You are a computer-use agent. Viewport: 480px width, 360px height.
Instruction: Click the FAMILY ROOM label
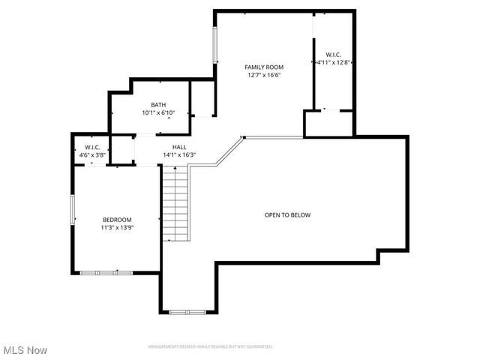tap(265, 67)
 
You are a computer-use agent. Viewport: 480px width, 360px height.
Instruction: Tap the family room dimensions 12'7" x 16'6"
tap(265, 75)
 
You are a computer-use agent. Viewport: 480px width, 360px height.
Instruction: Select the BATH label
tap(158, 105)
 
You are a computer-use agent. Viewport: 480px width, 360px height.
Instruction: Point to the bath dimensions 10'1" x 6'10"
tap(158, 113)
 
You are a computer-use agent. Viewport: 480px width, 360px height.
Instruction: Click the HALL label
tap(179, 147)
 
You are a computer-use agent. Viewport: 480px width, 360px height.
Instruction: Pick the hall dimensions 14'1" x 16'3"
tap(179, 155)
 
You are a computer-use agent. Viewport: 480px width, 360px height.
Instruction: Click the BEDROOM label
tap(117, 219)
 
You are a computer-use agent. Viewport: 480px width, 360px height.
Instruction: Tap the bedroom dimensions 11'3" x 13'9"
tap(117, 227)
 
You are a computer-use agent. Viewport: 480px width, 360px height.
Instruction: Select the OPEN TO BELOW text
tap(287, 215)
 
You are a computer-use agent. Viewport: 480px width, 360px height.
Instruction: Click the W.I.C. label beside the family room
tap(333, 54)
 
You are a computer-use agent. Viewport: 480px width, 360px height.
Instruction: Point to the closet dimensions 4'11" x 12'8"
tap(333, 62)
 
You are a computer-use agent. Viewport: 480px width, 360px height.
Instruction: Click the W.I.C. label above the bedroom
tap(92, 147)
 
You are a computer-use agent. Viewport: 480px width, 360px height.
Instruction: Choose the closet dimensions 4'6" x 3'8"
tap(92, 155)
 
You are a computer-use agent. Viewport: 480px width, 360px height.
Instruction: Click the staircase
tap(175, 202)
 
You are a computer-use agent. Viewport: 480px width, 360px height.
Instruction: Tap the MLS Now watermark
tap(25, 350)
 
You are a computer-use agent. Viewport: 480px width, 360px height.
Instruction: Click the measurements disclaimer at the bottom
tap(210, 346)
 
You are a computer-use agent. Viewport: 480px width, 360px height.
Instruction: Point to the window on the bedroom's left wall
tap(73, 209)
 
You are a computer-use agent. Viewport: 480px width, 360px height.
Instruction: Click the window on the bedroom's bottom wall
tap(106, 272)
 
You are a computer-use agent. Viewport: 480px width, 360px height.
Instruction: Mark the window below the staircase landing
tap(187, 311)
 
